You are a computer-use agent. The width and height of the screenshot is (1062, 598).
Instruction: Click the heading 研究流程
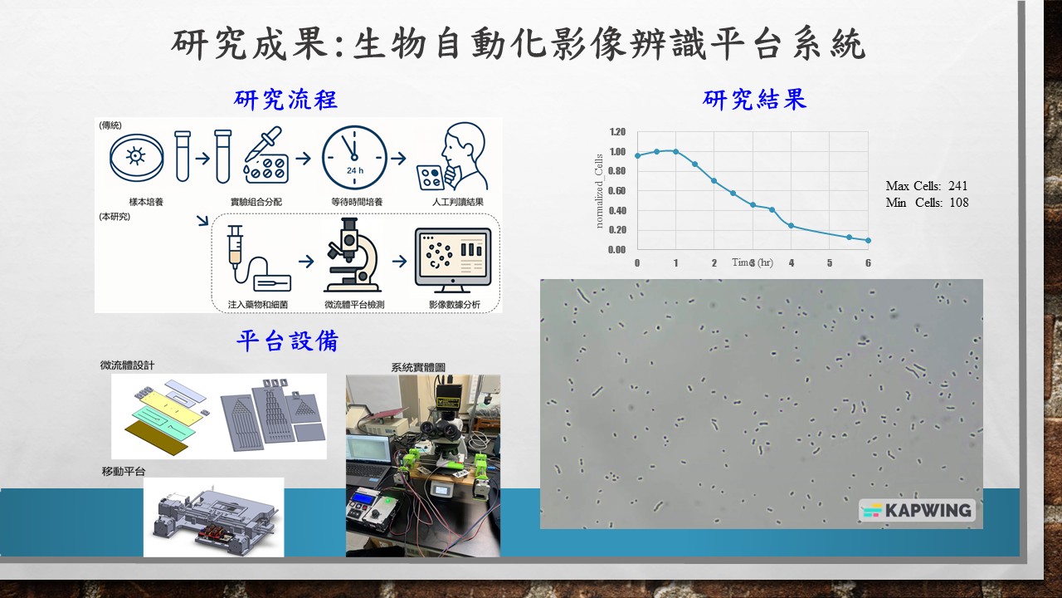285,100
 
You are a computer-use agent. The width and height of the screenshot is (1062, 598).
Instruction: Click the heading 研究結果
754,100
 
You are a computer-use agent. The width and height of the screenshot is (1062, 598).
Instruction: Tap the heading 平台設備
287,341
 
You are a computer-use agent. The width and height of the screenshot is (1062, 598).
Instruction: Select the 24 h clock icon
354,158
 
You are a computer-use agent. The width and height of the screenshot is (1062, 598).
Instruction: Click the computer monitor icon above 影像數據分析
453,259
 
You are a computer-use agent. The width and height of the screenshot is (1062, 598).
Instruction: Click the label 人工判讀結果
457,202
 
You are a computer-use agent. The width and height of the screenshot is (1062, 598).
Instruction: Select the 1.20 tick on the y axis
617,131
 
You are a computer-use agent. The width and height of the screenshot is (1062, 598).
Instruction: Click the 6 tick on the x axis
868,263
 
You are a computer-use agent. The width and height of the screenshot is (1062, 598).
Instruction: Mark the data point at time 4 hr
792,225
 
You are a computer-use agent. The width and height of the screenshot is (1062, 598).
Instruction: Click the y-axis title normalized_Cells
599,191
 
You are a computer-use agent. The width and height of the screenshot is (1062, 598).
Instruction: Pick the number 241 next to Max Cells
957,185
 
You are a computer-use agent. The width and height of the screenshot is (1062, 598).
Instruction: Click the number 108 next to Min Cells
958,203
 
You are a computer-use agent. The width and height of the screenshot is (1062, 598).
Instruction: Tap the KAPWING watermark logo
917,510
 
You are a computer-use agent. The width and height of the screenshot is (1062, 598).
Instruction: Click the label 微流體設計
127,365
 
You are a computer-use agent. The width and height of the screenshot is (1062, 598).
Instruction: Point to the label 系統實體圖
418,367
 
